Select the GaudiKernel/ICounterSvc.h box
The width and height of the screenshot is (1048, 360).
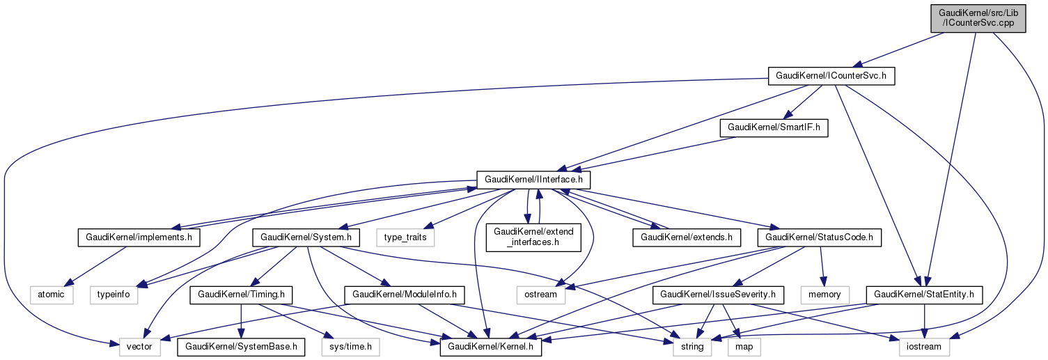pos(830,76)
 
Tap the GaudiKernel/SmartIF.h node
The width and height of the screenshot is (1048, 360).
pos(774,128)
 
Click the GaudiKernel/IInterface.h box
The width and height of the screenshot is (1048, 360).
pos(533,180)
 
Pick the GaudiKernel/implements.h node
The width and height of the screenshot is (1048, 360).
pos(139,237)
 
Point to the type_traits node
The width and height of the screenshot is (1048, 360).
pos(405,237)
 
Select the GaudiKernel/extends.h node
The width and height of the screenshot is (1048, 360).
pos(687,237)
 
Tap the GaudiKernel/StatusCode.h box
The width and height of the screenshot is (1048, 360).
pos(819,237)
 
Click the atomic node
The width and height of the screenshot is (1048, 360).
pos(52,295)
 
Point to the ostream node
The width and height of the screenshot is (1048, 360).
pos(540,295)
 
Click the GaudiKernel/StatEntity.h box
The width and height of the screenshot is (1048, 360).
pos(923,295)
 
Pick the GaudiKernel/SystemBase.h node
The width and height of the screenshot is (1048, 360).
pos(242,346)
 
